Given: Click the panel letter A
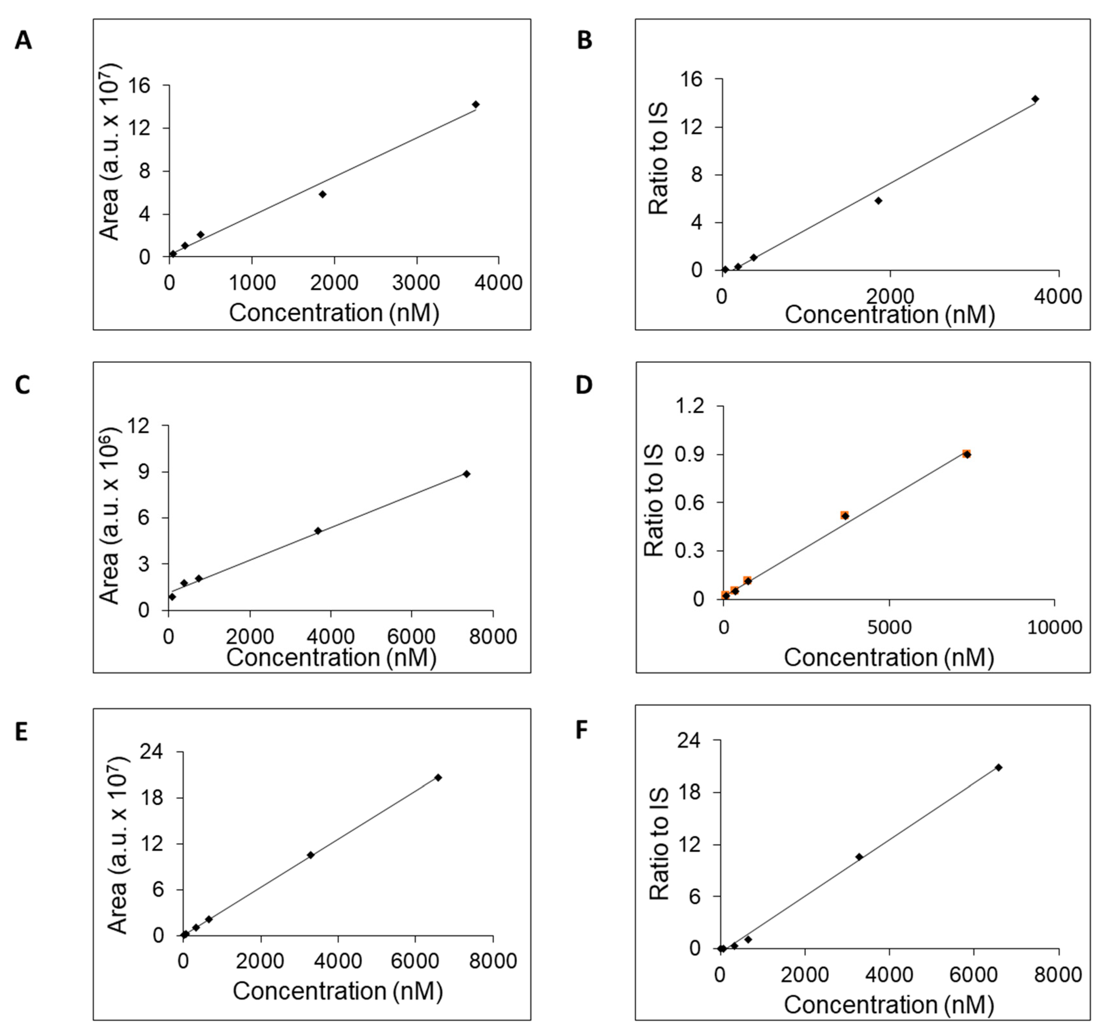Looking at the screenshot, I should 23,41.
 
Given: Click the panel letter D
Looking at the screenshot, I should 584,385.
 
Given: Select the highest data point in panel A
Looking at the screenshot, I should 475,104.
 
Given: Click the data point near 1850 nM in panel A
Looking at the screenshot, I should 322,194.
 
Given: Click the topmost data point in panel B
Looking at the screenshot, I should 1035,99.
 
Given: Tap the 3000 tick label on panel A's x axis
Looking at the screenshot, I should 416,283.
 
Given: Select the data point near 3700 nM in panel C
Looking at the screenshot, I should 318,531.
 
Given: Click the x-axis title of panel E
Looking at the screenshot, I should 337,990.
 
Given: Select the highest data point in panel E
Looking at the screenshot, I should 438,777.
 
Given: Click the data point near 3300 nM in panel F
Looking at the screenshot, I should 859,856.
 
